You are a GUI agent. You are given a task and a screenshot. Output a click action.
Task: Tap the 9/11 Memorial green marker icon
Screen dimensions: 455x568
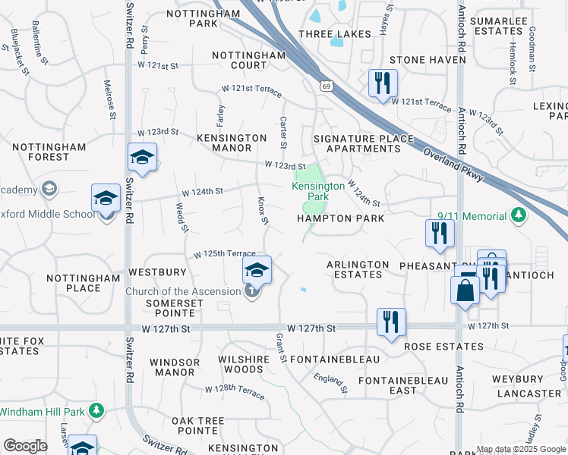click(x=519, y=216)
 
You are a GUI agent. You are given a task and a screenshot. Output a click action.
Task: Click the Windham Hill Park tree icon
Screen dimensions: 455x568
click(x=96, y=411)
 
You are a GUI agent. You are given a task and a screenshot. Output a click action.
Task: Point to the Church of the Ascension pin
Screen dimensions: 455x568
click(x=252, y=291)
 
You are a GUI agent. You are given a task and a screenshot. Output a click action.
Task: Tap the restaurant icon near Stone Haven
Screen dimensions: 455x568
click(x=383, y=83)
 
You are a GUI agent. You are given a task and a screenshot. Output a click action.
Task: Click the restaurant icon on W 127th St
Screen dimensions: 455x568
click(x=391, y=322)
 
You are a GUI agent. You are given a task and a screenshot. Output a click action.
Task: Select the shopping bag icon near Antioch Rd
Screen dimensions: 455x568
click(x=464, y=290)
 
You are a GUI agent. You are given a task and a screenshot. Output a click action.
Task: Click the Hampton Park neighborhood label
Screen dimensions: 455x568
click(x=340, y=218)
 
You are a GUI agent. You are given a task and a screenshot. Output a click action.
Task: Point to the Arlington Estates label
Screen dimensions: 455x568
click(x=358, y=269)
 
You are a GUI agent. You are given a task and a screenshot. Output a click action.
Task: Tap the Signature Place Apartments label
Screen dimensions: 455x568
click(x=364, y=143)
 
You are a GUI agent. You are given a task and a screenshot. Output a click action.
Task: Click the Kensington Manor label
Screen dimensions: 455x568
click(x=232, y=143)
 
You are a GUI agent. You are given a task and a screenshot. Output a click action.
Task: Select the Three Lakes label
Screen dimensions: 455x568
click(x=335, y=34)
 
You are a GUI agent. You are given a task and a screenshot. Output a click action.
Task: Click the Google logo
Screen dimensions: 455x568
click(x=24, y=446)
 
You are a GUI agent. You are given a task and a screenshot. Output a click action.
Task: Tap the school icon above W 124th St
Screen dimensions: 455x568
click(x=142, y=158)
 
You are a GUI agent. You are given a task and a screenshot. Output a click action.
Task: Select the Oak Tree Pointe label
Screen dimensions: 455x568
click(x=187, y=426)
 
